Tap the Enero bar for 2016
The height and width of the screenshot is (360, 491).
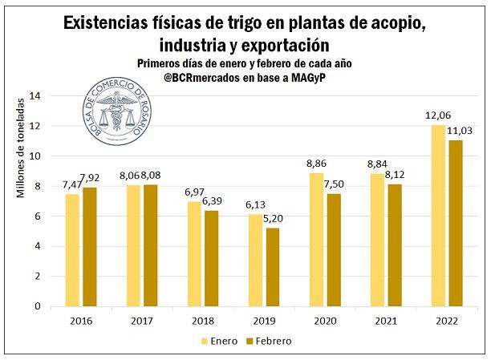[x=72, y=249]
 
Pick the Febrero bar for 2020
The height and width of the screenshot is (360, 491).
[x=333, y=249]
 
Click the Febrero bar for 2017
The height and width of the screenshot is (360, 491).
[x=150, y=245]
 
